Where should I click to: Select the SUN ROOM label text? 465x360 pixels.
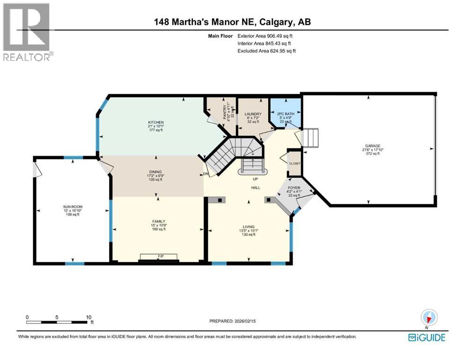[72, 206]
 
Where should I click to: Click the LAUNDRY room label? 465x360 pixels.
[252, 114]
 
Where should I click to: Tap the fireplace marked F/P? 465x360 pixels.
[160, 257]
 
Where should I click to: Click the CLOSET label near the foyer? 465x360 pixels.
[295, 164]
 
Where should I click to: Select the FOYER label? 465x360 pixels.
[294, 187]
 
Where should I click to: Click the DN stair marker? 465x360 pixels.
[206, 174]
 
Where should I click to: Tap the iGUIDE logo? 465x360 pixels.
[426, 337]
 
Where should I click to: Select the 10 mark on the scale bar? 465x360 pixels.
[89, 317]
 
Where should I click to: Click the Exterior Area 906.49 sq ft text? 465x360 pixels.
[266, 36]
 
